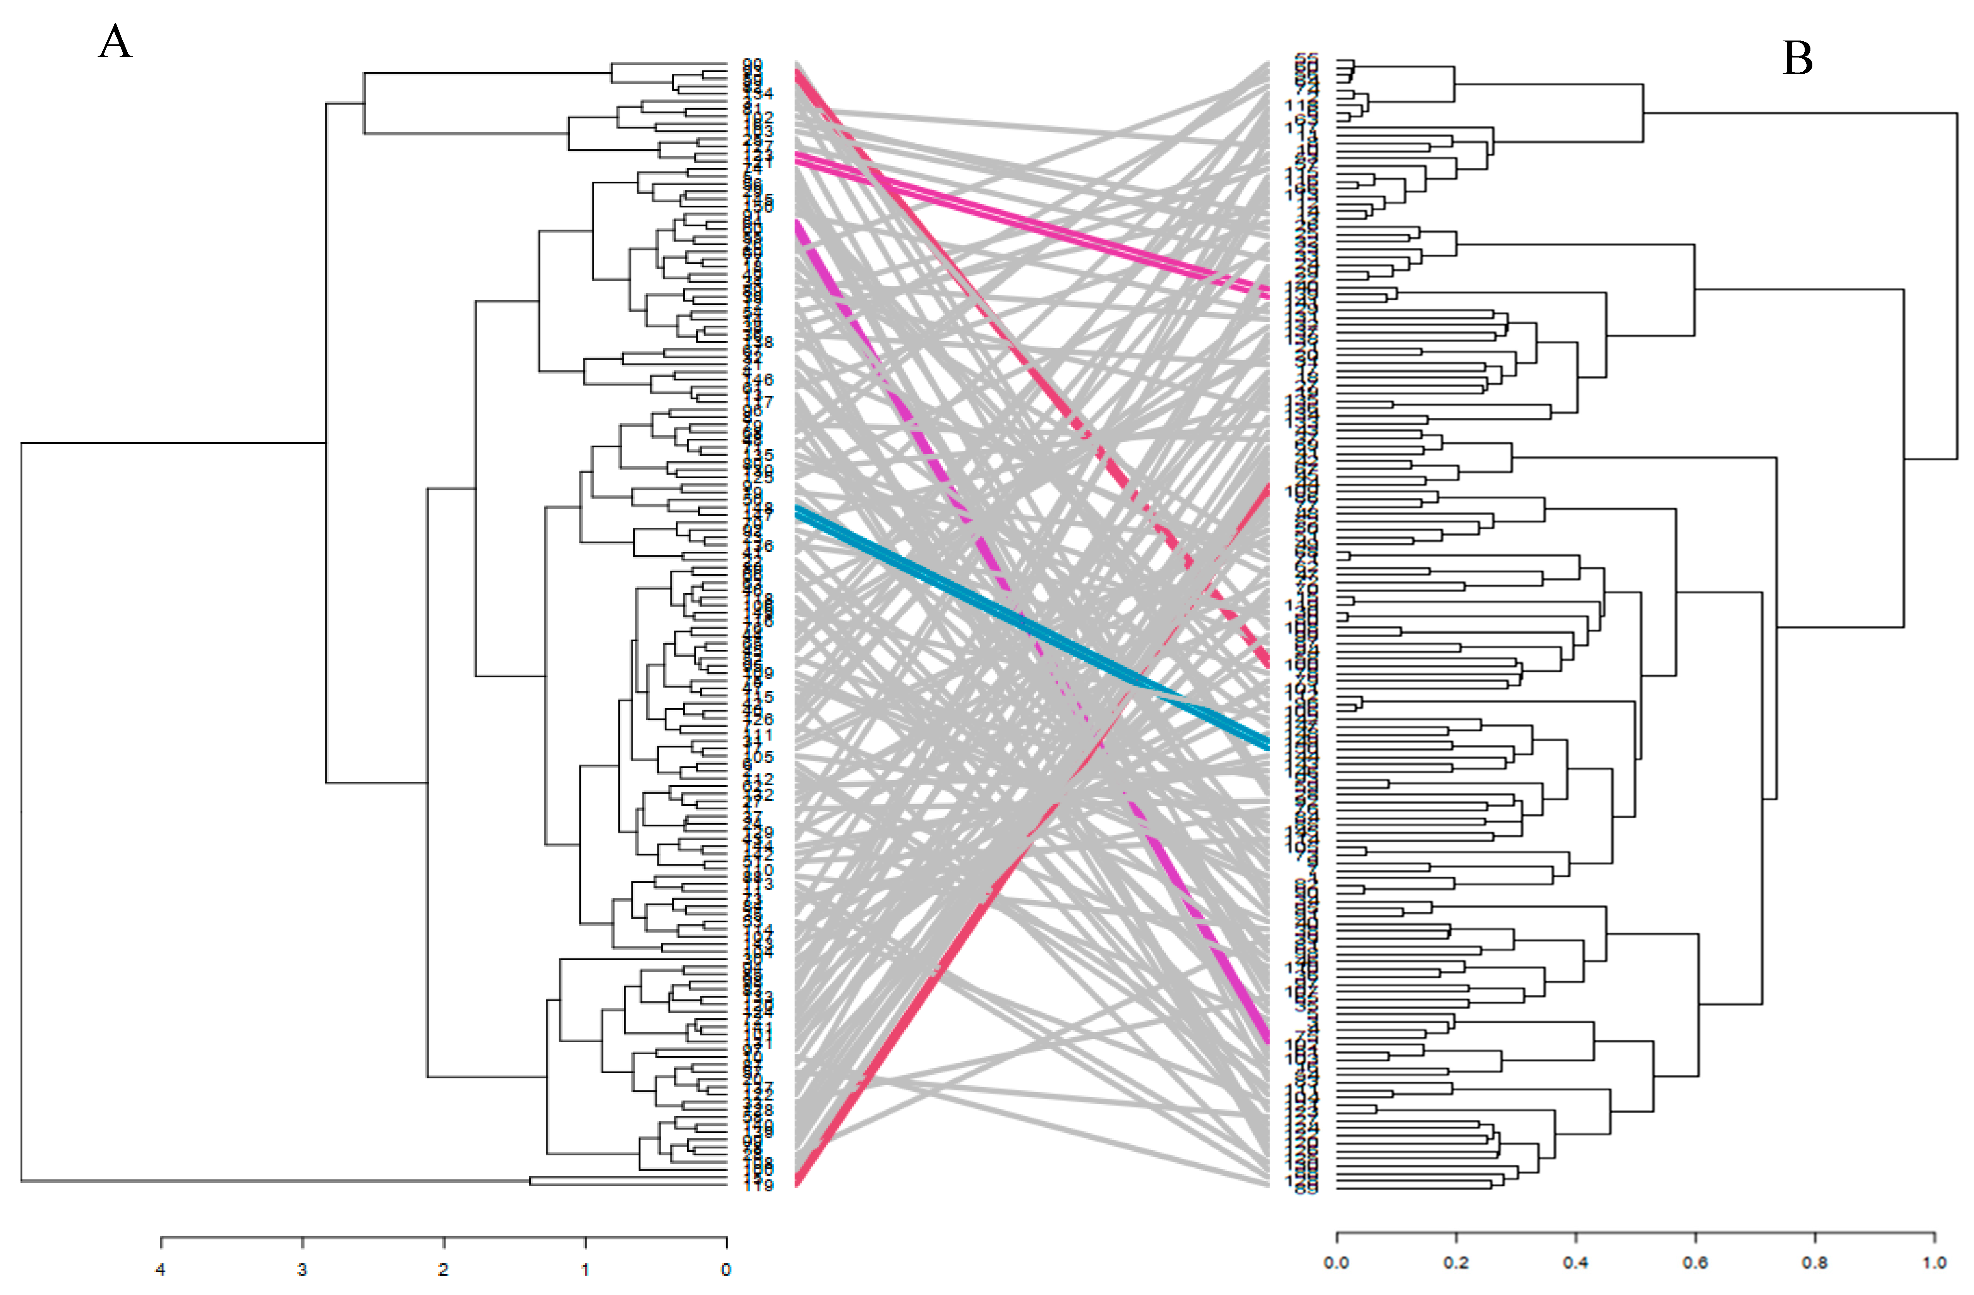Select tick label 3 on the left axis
pos(302,1269)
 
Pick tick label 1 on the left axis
pos(585,1269)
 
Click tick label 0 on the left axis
pos(726,1269)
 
